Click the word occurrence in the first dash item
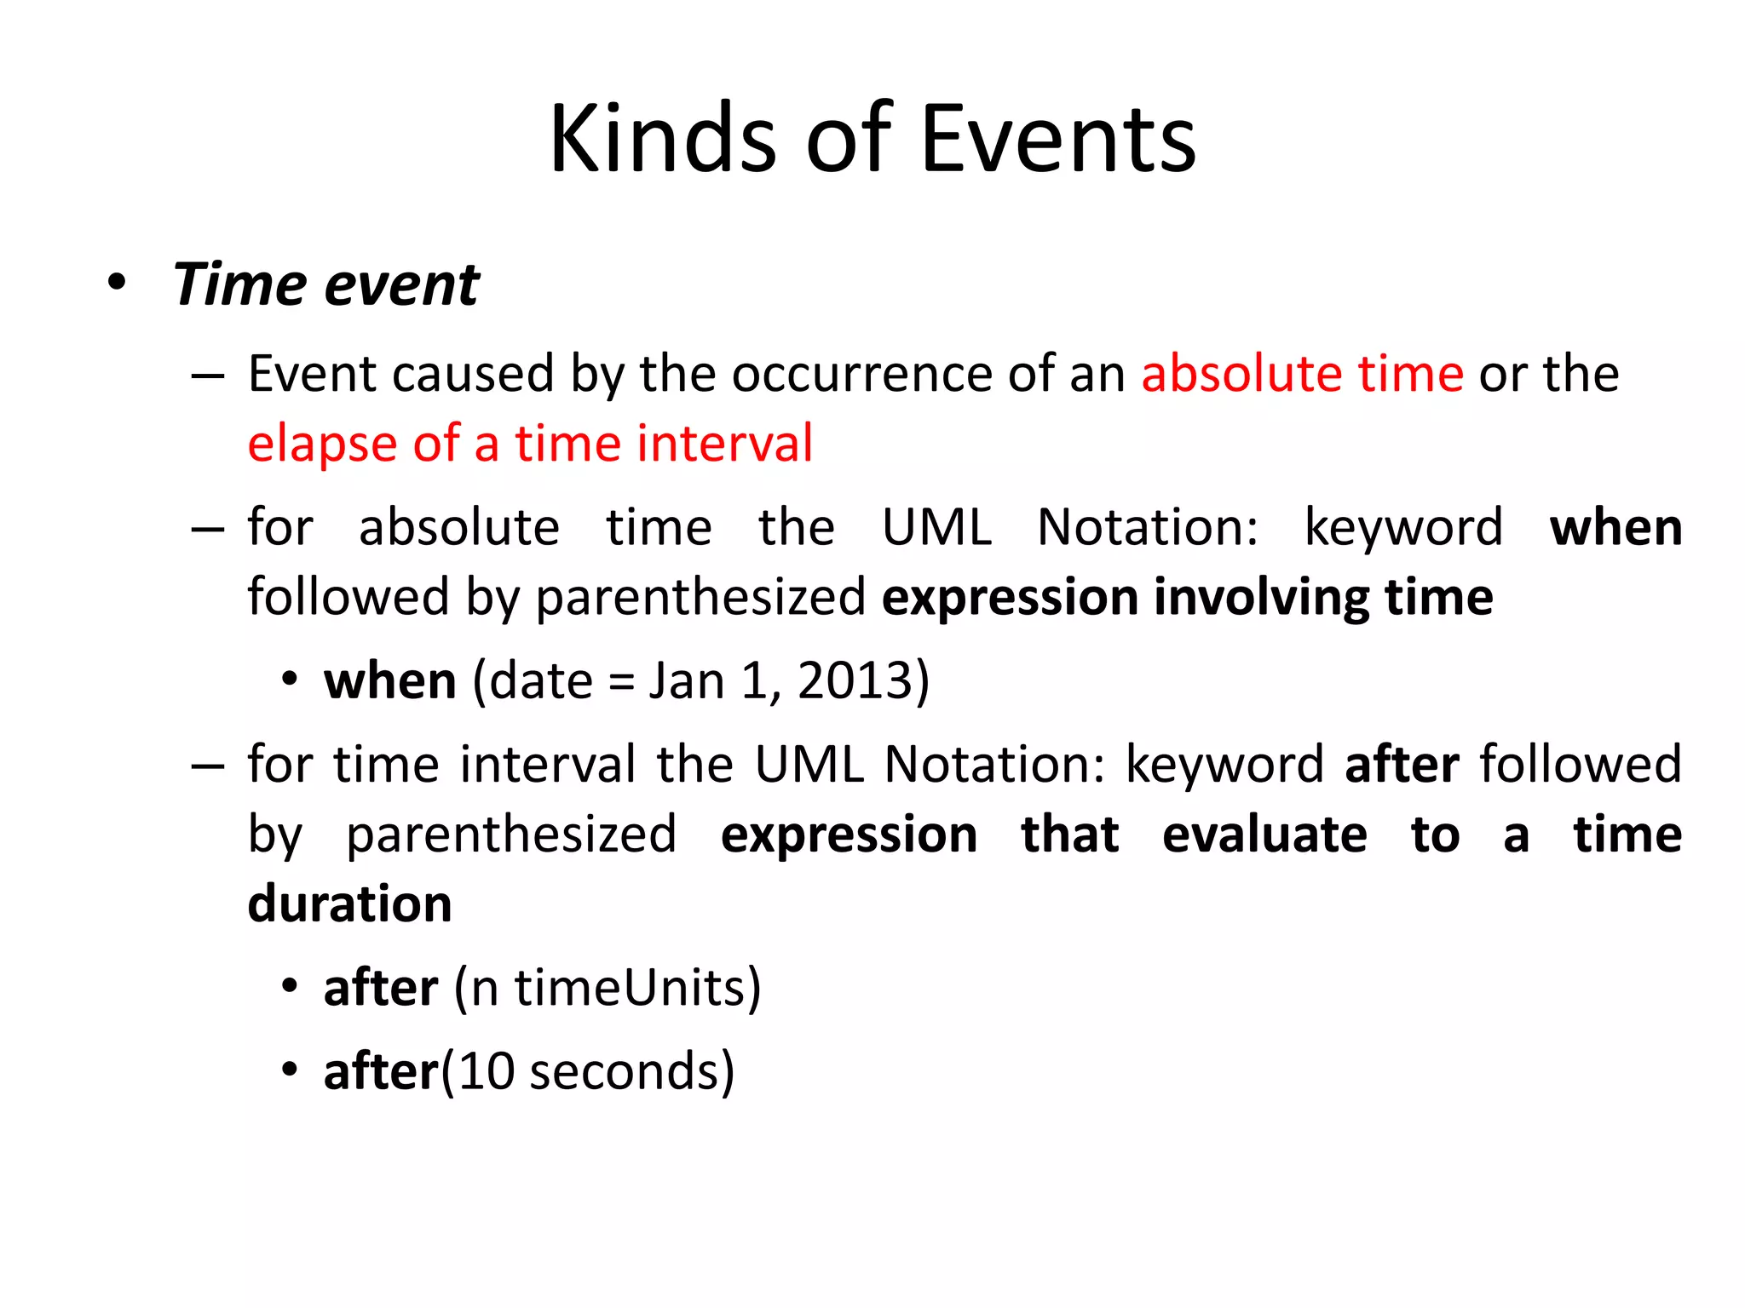861,375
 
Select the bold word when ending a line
1615,527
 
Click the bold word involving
1261,597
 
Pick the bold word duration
349,904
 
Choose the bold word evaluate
1264,834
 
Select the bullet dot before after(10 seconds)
290,1070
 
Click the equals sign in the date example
621,682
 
